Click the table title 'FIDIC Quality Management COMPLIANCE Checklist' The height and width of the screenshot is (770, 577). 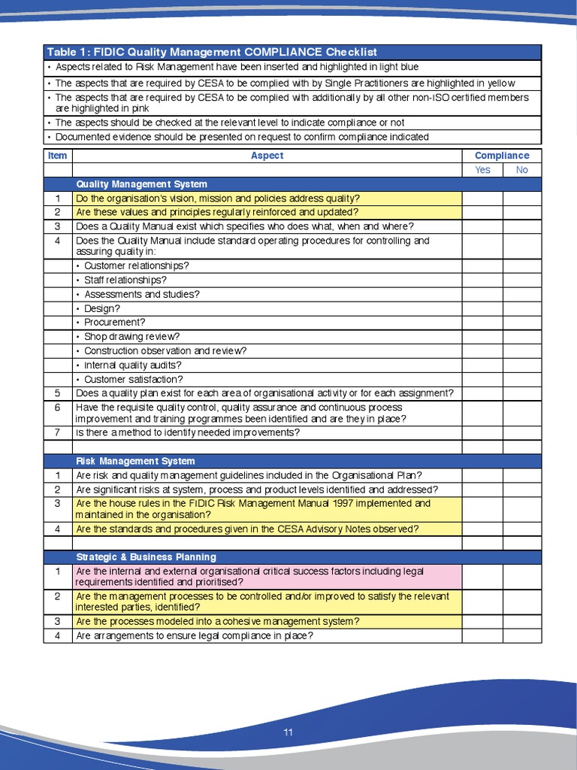pyautogui.click(x=212, y=52)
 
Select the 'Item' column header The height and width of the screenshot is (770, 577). pyautogui.click(x=58, y=156)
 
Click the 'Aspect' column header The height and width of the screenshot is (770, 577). pyautogui.click(x=267, y=156)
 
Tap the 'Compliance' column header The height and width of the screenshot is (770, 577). pyautogui.click(x=501, y=156)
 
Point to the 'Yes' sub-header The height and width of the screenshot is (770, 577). pyautogui.click(x=482, y=170)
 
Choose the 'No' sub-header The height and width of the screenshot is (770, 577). pyautogui.click(x=521, y=170)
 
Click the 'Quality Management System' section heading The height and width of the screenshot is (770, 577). pyautogui.click(x=141, y=184)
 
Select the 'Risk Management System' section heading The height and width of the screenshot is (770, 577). pyautogui.click(x=135, y=461)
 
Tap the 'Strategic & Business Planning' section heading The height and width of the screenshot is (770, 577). pyautogui.click(x=146, y=557)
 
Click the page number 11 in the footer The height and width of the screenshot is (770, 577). pyautogui.click(x=288, y=732)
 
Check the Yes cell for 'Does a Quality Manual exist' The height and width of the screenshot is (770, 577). pyautogui.click(x=482, y=226)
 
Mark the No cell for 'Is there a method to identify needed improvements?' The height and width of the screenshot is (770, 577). pyautogui.click(x=521, y=433)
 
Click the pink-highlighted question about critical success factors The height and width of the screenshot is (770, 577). pyautogui.click(x=249, y=577)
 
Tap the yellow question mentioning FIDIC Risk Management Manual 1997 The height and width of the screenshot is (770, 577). pyautogui.click(x=253, y=509)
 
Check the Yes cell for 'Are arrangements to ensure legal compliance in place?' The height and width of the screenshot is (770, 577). pyautogui.click(x=482, y=636)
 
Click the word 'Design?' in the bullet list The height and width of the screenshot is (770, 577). pyautogui.click(x=101, y=308)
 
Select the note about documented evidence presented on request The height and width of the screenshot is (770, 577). pyautogui.click(x=242, y=137)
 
